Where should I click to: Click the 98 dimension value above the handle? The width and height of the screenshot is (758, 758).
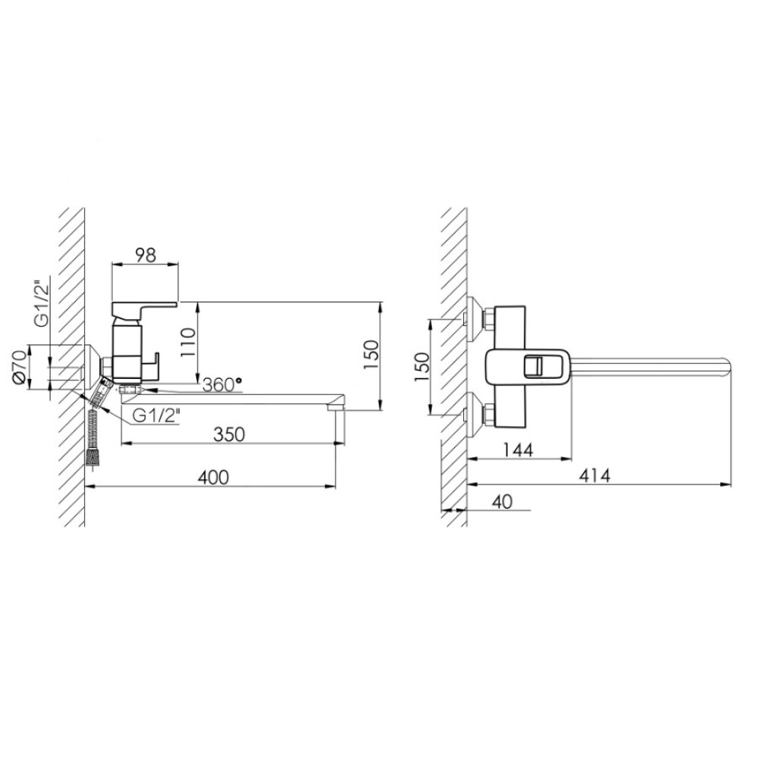click(x=146, y=255)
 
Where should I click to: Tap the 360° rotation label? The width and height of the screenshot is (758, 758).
click(x=222, y=385)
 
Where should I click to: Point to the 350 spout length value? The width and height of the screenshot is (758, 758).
click(x=229, y=434)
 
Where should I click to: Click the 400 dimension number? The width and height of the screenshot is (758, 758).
click(x=213, y=477)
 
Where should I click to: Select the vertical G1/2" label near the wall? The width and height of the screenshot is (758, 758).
click(x=42, y=303)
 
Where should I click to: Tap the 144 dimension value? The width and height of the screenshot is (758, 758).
click(x=518, y=449)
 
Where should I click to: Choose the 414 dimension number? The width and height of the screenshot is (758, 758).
click(x=594, y=475)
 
